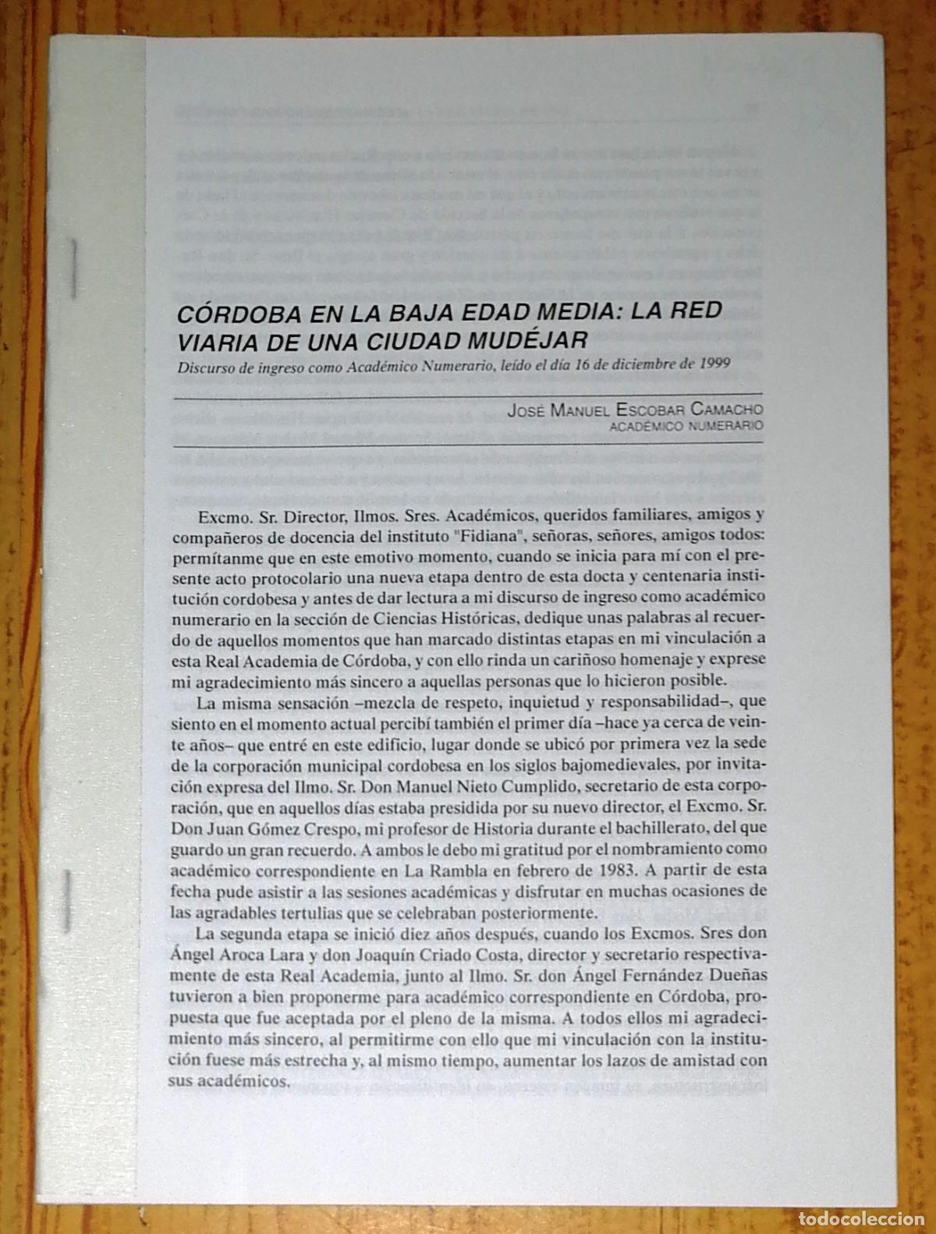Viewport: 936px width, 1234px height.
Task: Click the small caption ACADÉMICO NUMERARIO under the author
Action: click(x=684, y=426)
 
